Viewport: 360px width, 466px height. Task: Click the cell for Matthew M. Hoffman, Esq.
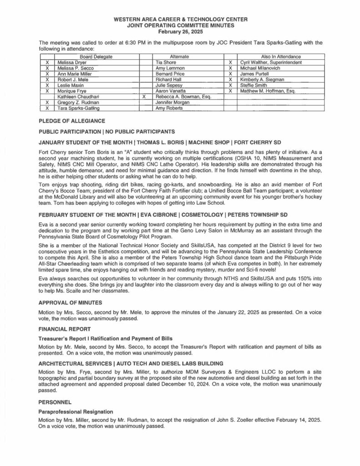pyautogui.click(x=267, y=91)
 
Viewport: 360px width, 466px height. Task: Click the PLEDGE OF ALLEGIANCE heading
pyautogui.click(x=72, y=121)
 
